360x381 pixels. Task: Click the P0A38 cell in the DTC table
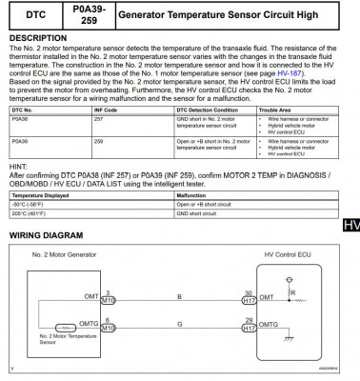(x=20, y=120)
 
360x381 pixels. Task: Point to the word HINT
(x=19, y=166)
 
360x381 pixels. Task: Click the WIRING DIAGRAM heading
(x=46, y=235)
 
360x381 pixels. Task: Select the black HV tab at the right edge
(x=349, y=226)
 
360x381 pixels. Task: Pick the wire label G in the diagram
(x=180, y=326)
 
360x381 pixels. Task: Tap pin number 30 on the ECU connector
(x=249, y=292)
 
